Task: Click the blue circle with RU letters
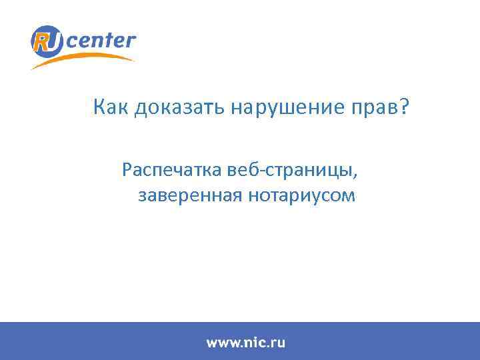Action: (47, 41)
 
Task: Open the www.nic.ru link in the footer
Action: (245, 343)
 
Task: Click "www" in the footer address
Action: (221, 343)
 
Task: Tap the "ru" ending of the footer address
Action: (278, 343)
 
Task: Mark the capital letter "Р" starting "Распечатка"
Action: (127, 170)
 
